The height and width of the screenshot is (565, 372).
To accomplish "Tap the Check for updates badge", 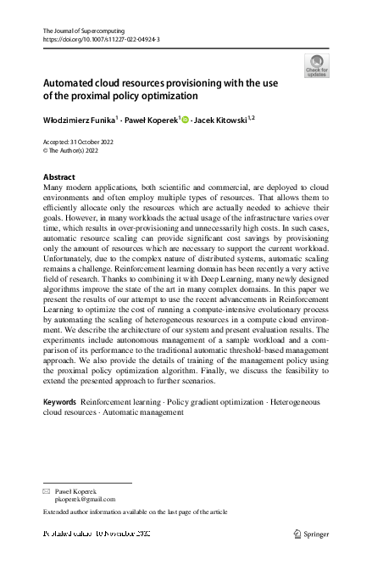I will (x=318, y=65).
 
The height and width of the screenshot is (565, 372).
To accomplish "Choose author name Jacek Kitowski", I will (x=219, y=120).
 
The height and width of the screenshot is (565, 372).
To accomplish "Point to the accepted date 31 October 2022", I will (x=95, y=143).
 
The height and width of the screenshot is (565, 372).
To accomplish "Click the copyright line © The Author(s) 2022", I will (x=72, y=151).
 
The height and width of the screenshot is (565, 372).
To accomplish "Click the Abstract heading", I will (x=58, y=177).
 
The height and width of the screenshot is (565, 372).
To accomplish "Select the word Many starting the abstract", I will (x=53, y=187).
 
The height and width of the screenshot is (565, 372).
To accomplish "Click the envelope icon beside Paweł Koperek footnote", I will (x=47, y=491).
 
